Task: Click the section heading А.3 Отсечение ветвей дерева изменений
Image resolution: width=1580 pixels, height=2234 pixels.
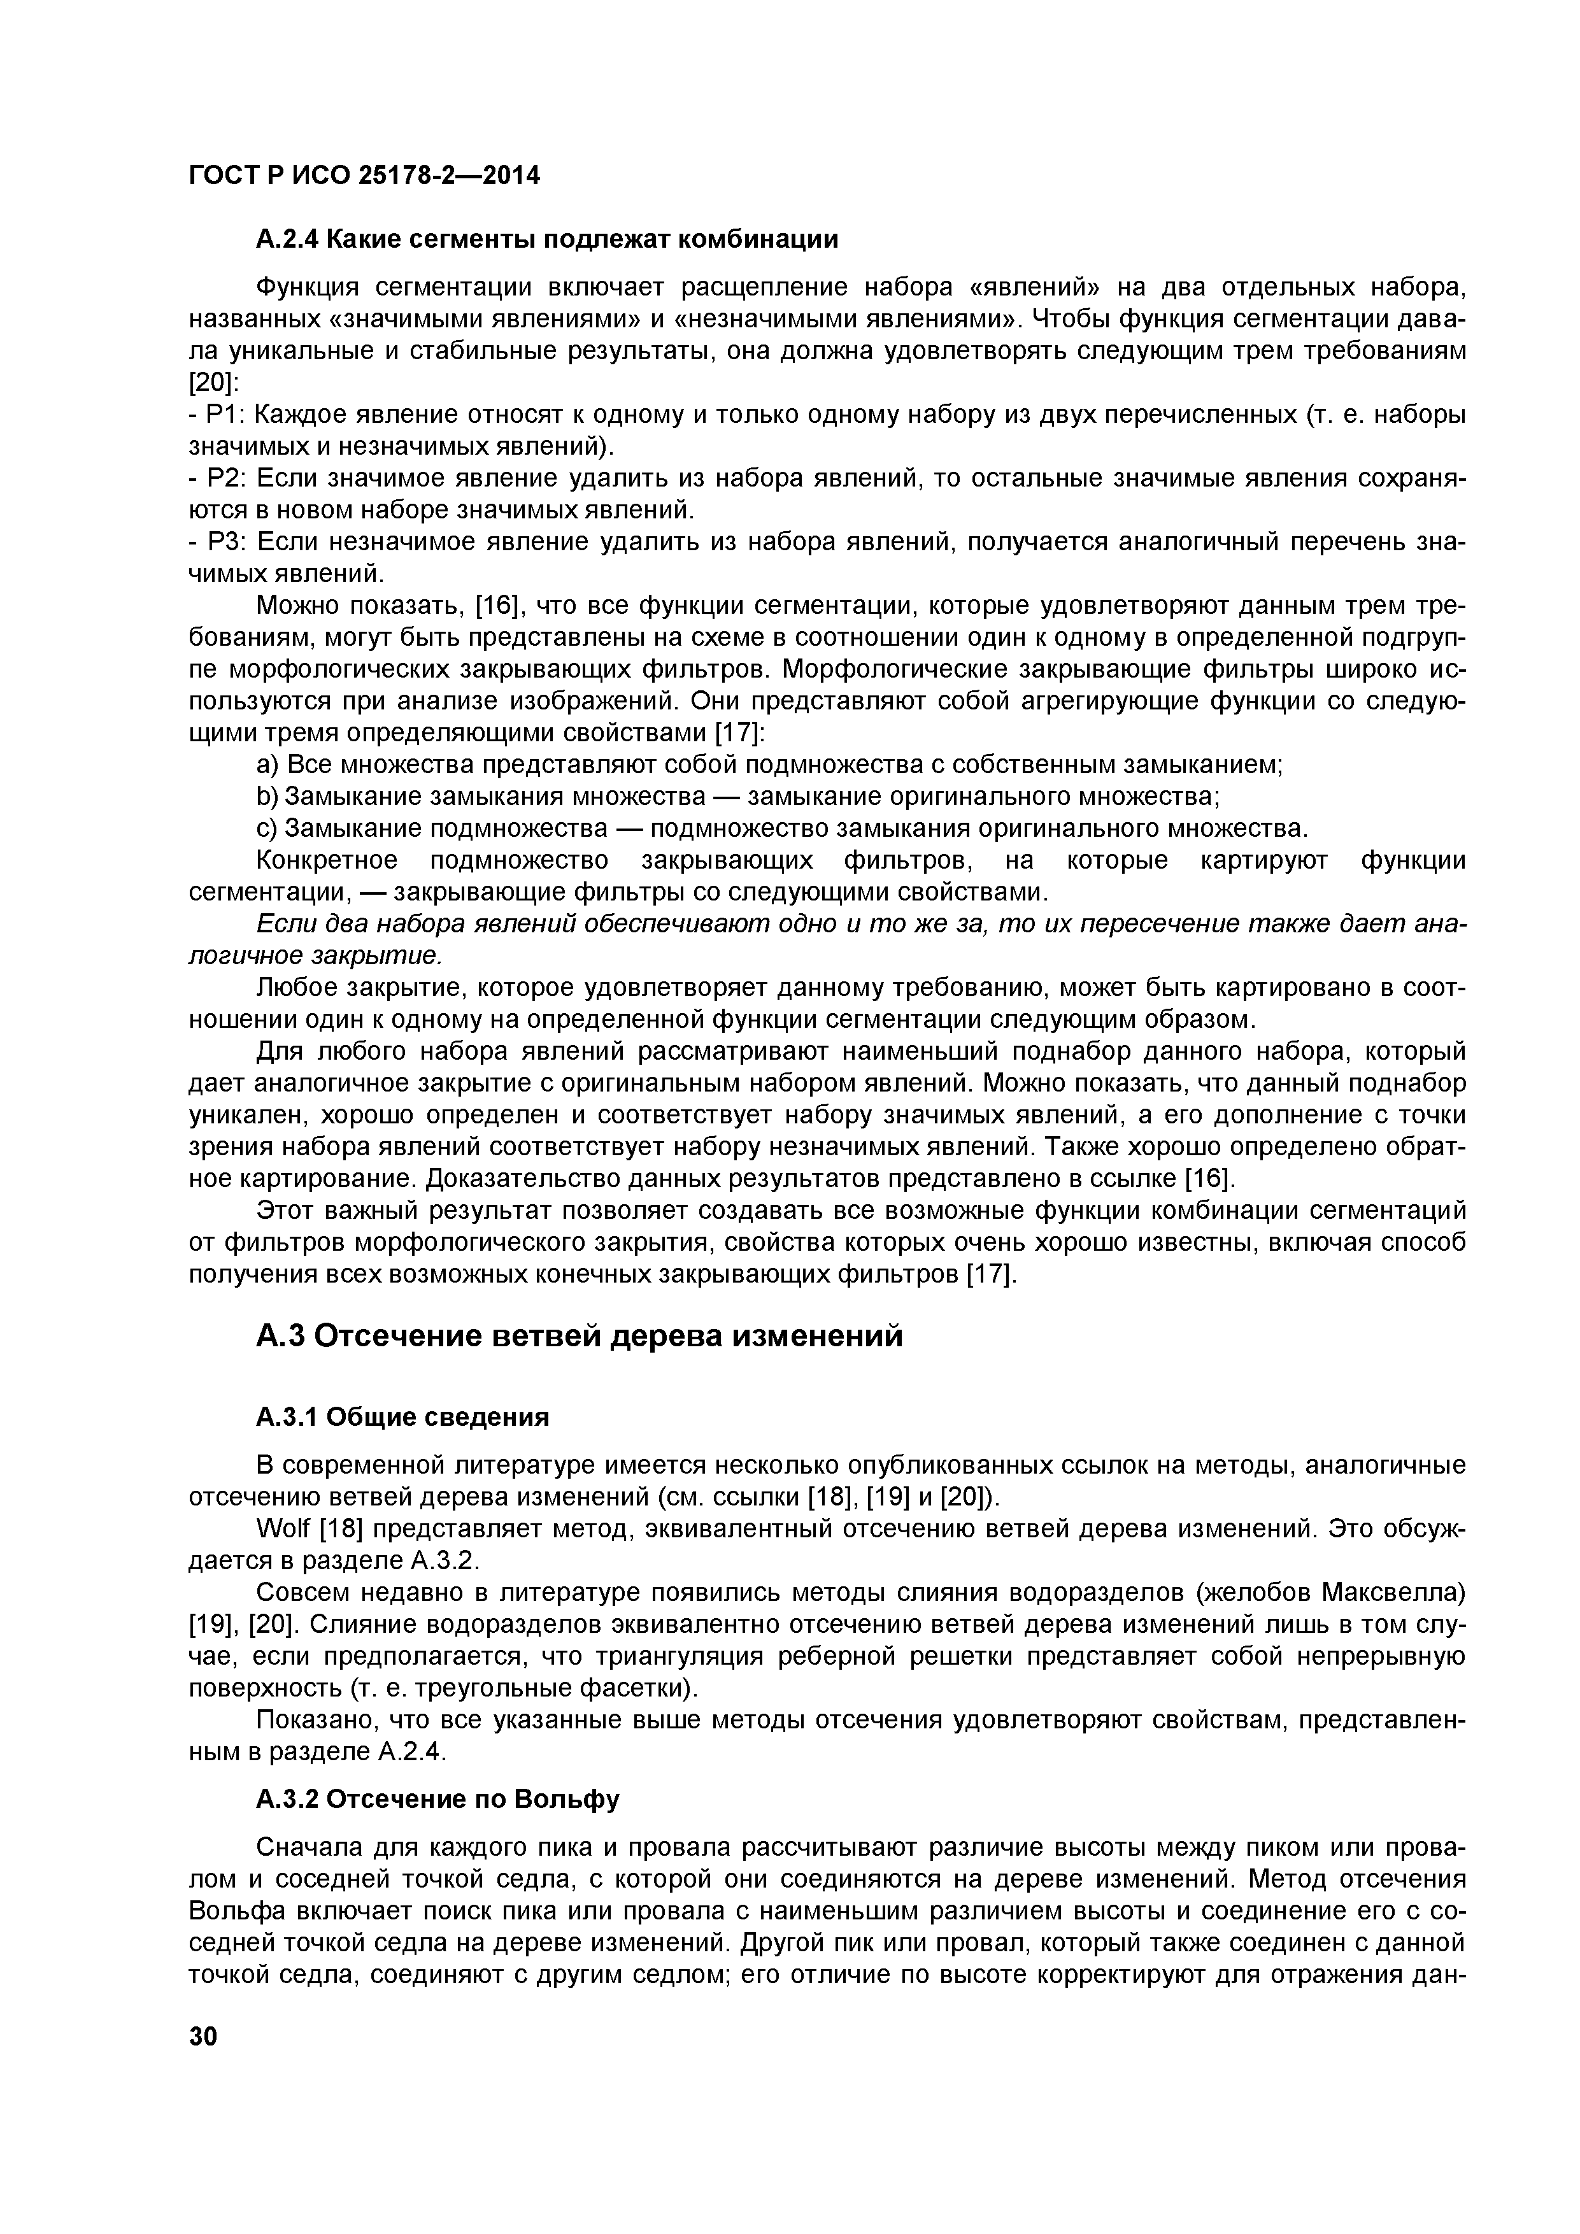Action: click(579, 1336)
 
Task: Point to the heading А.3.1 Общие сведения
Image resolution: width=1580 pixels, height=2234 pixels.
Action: click(402, 1417)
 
